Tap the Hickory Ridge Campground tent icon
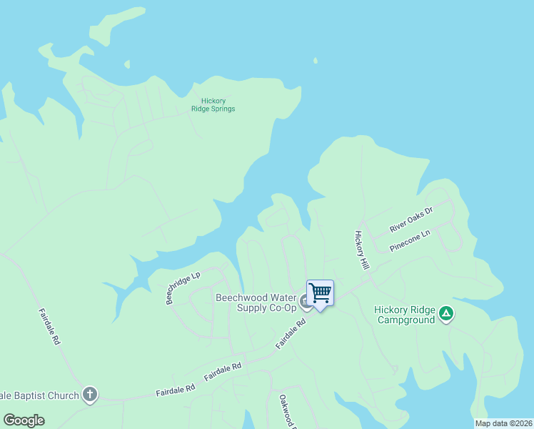click(446, 313)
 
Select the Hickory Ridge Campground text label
click(404, 315)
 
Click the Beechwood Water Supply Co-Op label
click(256, 302)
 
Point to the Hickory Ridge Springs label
click(213, 105)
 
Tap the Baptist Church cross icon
click(89, 394)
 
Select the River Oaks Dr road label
click(411, 220)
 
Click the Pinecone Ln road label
click(410, 241)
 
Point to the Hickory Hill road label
click(363, 250)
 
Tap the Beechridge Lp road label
click(183, 287)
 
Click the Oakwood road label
click(287, 412)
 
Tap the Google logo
click(24, 420)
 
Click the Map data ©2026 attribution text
click(503, 423)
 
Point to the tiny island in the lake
click(315, 61)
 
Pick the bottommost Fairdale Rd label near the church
click(175, 390)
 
